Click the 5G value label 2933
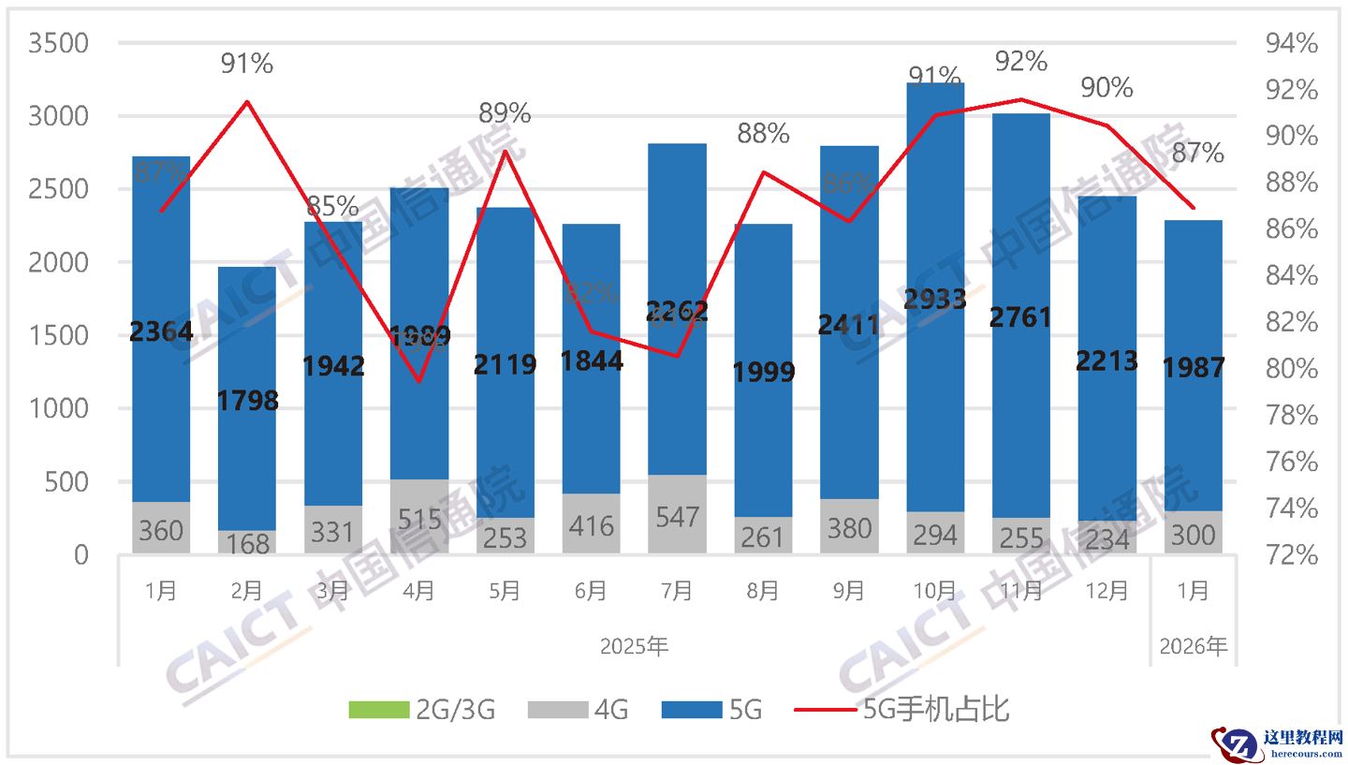[x=935, y=299]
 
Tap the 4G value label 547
[x=677, y=517]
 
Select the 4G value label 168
[x=247, y=544]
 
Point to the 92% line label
[x=1020, y=62]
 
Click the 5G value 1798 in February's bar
[x=247, y=401]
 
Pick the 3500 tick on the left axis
[x=58, y=44]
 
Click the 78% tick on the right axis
[x=1292, y=415]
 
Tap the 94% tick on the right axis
[x=1292, y=44]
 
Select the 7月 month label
[x=677, y=591]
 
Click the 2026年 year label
[x=1193, y=646]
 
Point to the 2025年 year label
[x=634, y=646]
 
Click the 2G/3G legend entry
[x=421, y=710]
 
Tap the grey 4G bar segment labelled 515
[x=419, y=517]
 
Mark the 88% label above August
[x=763, y=134]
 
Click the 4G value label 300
[x=1193, y=535]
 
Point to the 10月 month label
[x=935, y=591]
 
